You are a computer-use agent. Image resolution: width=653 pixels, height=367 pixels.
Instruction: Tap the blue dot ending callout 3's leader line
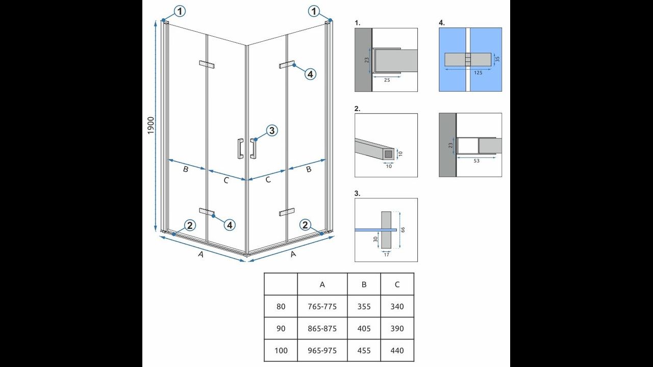tap(256, 140)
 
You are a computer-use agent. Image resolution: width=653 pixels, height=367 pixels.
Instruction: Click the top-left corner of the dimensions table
tap(264, 273)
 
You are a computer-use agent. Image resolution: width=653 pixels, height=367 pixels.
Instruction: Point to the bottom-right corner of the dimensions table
tap(414, 361)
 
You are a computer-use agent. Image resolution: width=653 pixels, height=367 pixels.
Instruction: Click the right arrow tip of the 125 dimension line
tap(491, 69)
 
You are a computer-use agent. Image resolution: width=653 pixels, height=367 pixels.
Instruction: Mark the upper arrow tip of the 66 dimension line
tap(400, 212)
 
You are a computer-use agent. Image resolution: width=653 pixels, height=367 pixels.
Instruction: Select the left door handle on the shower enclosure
tap(240, 148)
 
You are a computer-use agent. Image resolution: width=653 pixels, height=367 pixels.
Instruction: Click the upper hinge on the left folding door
tap(207, 64)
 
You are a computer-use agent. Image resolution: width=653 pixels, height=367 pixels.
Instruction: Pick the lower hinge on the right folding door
tap(287, 212)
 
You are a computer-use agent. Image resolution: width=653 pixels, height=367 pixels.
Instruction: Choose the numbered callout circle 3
tap(272, 130)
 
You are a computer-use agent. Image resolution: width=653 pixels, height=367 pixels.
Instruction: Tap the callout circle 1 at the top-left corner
tap(180, 11)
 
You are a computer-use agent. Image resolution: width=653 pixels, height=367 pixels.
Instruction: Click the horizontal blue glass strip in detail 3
tap(376, 230)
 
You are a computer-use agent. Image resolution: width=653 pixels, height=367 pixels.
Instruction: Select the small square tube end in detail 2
tap(389, 153)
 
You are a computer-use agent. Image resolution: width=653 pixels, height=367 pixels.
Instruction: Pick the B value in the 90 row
tap(364, 329)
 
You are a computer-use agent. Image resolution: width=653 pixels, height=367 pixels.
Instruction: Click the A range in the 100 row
tap(322, 350)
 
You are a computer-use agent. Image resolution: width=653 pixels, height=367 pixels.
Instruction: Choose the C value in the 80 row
tap(397, 306)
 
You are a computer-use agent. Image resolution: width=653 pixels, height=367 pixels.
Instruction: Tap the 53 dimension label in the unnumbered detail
tap(476, 161)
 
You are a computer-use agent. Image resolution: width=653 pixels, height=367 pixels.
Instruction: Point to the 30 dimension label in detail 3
tap(375, 239)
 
